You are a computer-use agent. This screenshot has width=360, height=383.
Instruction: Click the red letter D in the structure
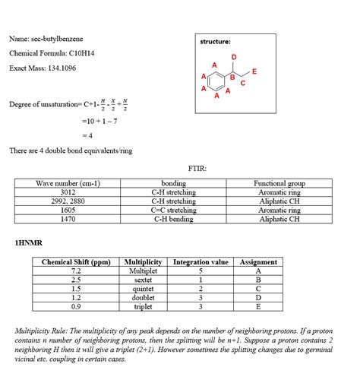coord(234,57)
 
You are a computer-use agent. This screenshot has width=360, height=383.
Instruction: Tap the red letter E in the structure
coord(254,71)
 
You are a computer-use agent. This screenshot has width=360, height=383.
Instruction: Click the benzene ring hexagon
coord(216,78)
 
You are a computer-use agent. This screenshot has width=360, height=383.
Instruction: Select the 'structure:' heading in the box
coord(216,41)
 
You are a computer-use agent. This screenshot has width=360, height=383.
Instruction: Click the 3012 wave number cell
coord(68,192)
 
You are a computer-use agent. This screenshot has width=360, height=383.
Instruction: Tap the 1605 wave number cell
coord(68,210)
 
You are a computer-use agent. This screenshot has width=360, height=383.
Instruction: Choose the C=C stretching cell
coord(174,210)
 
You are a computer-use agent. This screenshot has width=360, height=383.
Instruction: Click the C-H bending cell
coord(174,219)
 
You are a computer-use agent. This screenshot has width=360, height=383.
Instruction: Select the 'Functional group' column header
coord(279,183)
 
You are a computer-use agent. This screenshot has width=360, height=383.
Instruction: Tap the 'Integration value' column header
coord(201,262)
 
